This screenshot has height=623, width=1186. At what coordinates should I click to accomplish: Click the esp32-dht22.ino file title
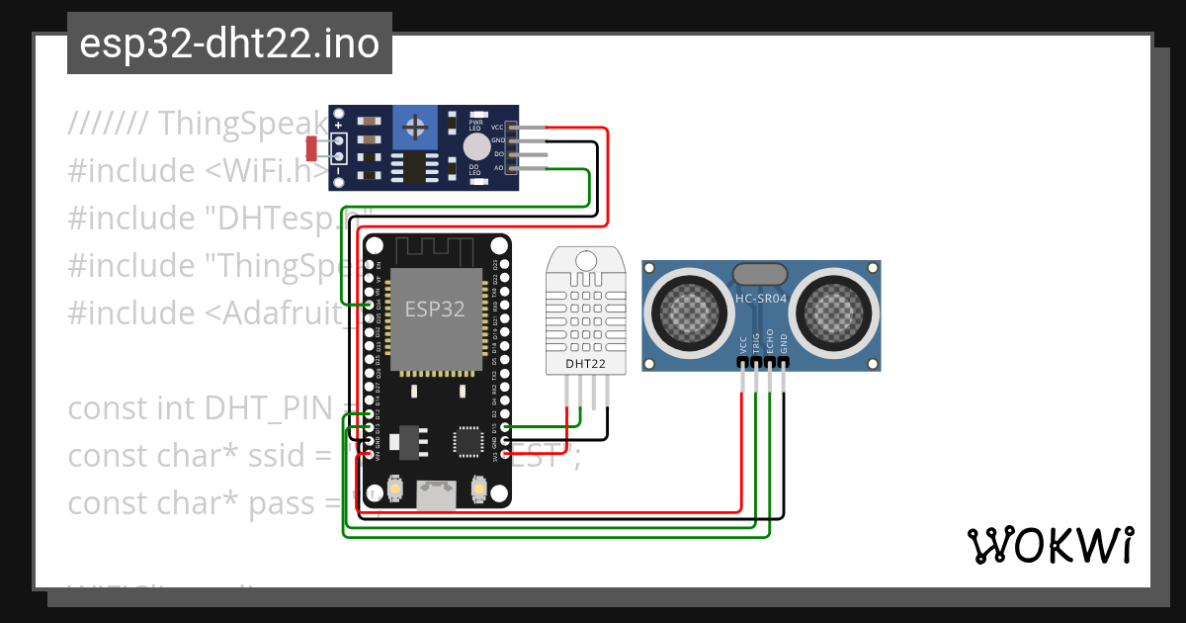click(229, 44)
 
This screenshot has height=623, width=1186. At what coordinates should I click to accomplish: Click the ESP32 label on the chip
click(434, 309)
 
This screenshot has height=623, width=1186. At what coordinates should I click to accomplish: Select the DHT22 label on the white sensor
click(585, 364)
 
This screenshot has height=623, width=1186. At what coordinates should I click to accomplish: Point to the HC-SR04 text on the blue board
click(760, 297)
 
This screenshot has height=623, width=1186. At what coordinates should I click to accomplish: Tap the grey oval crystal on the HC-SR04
click(759, 272)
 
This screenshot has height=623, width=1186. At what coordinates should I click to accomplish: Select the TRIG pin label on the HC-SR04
click(756, 342)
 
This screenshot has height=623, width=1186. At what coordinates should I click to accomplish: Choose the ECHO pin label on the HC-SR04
click(770, 342)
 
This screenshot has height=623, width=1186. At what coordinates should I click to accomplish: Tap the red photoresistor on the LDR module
click(311, 148)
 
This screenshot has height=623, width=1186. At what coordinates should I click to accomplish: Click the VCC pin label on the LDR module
click(497, 128)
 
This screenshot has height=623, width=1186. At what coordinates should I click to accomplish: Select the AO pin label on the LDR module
click(498, 168)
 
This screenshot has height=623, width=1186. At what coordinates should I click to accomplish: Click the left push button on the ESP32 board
click(394, 489)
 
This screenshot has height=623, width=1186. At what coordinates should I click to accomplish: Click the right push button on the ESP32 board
click(478, 489)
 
